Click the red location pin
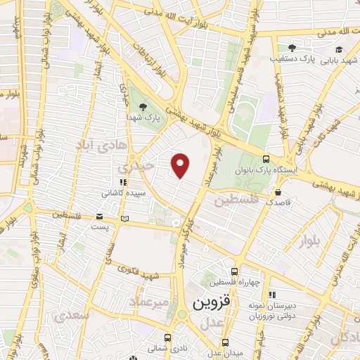pyautogui.click(x=181, y=165)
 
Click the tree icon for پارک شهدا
pyautogui.click(x=143, y=107)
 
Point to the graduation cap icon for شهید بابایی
pyautogui.click(x=340, y=49)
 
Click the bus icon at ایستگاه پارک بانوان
pyautogui.click(x=265, y=159)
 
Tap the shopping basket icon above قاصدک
pyautogui.click(x=279, y=191)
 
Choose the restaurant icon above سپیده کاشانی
pyautogui.click(x=124, y=182)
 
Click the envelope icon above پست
pyautogui.click(x=98, y=217)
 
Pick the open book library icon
pyautogui.click(x=125, y=220)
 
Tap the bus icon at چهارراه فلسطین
pyautogui.click(x=234, y=271)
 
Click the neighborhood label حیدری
pyautogui.click(x=134, y=168)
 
